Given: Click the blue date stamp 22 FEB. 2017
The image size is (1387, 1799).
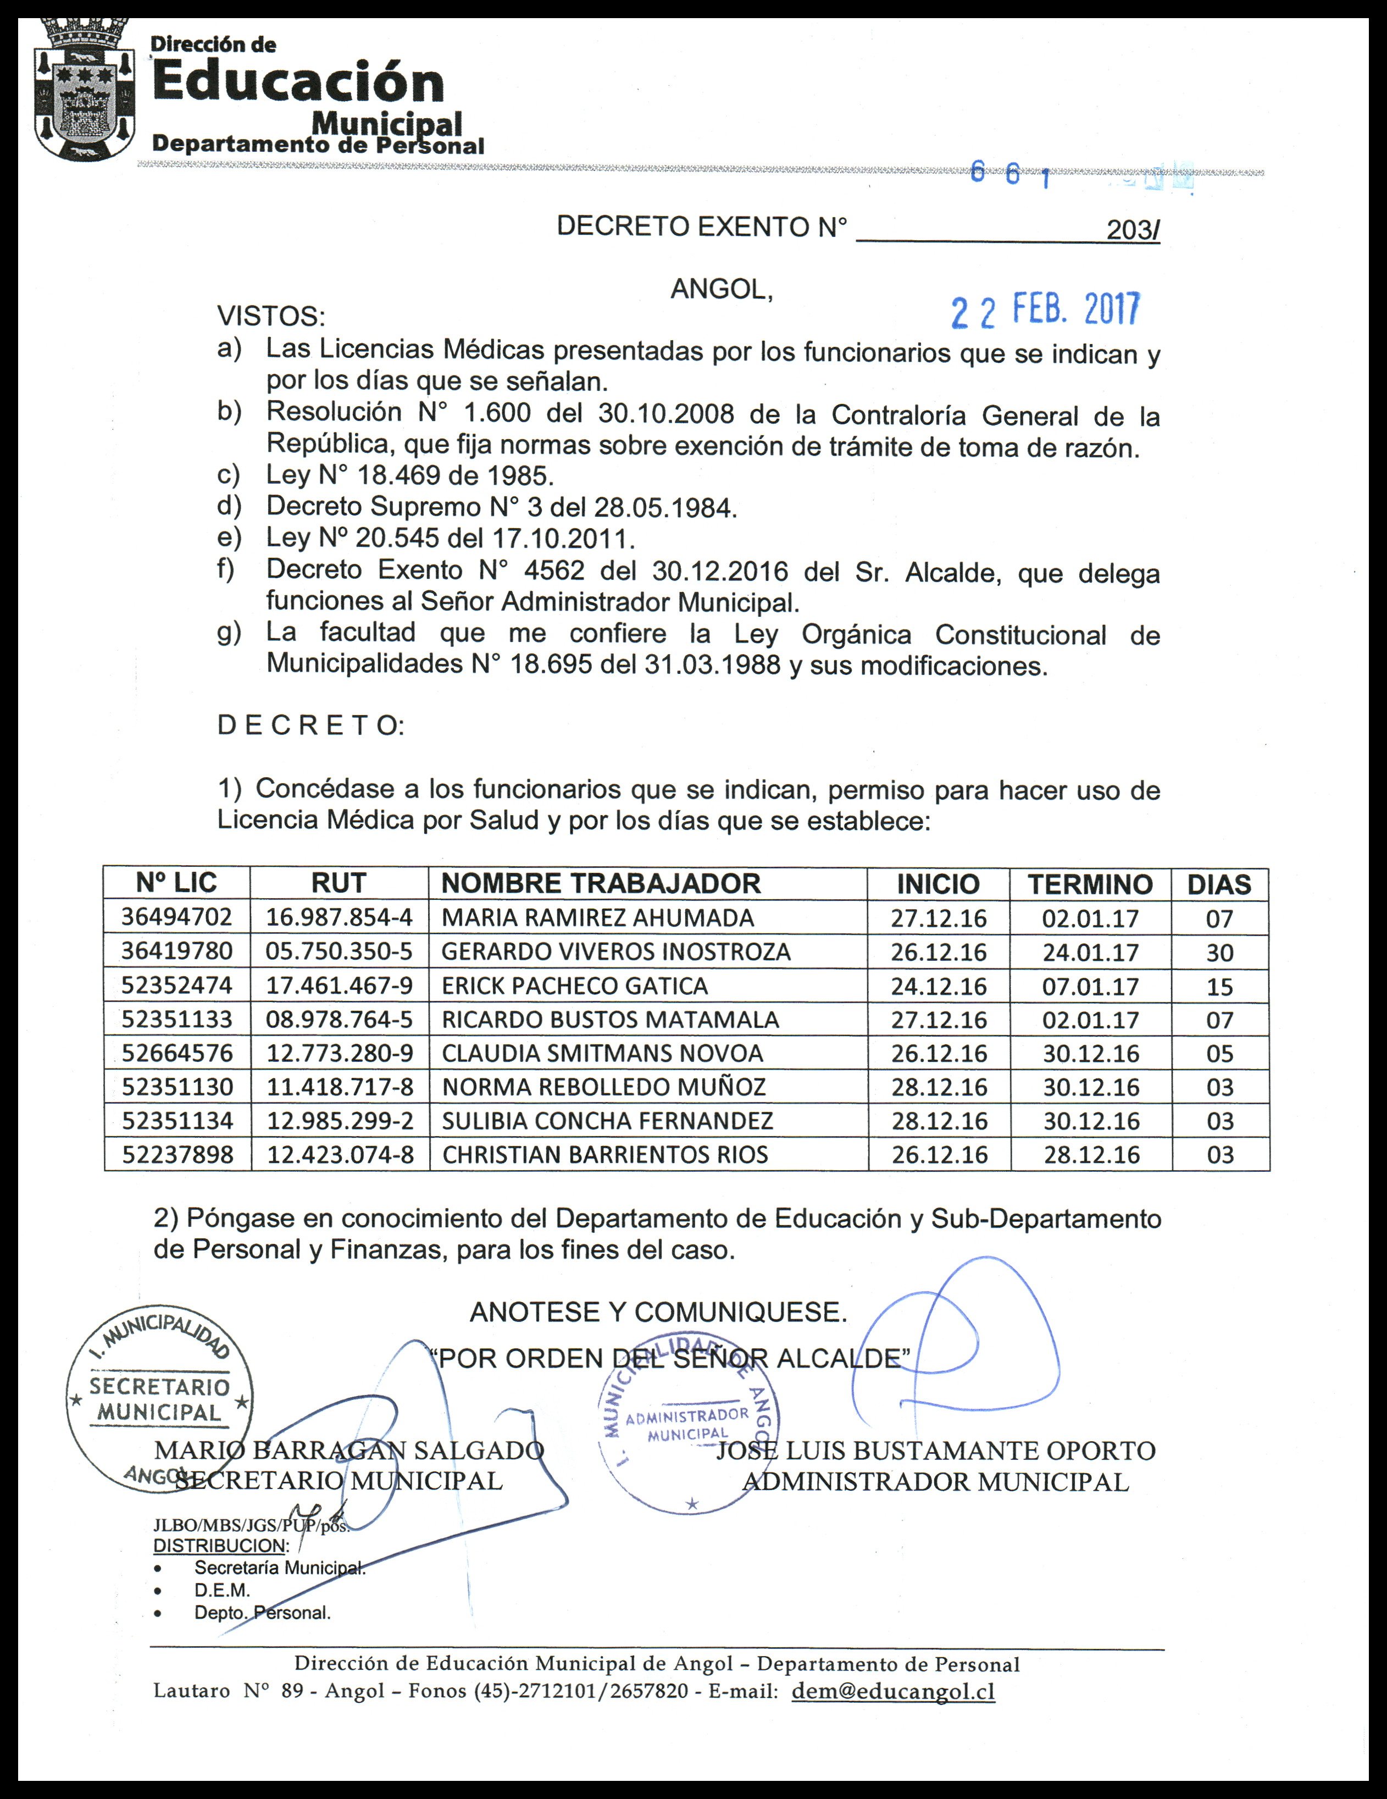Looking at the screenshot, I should tap(1045, 311).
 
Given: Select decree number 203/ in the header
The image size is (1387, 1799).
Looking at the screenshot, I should tap(1133, 231).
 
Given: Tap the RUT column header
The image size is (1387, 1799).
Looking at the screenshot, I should tap(339, 884).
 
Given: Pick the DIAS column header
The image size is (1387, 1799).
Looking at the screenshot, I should tap(1219, 885).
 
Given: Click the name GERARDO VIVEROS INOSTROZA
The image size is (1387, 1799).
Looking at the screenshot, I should tap(615, 952).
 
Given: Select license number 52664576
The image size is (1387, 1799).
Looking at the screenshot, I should tap(177, 1054).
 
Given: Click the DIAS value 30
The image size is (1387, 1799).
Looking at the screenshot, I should tap(1219, 953).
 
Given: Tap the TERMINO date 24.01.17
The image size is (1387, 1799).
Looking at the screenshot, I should tap(1090, 953).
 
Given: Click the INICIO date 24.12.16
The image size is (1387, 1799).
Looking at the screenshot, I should tap(938, 987).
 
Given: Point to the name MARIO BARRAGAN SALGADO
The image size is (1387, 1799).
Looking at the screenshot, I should tap(349, 1450).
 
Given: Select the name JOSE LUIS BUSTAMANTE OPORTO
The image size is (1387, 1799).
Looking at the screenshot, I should tap(936, 1450).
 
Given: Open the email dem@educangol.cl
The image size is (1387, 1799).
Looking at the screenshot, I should tap(893, 1692).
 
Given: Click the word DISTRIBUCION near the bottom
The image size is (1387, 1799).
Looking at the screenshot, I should tap(219, 1545).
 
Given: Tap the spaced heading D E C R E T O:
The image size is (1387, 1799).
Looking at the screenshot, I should tap(310, 726).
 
